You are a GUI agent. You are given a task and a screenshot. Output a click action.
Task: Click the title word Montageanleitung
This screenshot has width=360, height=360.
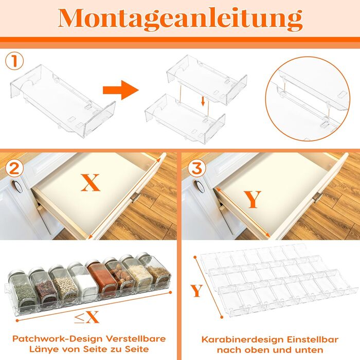coord(180,20)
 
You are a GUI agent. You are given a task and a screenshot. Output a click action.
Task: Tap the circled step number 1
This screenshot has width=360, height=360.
coord(14,61)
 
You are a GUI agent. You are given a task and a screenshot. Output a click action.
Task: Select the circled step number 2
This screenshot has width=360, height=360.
coord(14,169)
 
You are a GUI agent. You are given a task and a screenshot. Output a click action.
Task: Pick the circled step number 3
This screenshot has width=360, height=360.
coord(197,169)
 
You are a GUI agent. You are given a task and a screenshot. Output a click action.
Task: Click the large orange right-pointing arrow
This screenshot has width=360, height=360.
coord(121,90)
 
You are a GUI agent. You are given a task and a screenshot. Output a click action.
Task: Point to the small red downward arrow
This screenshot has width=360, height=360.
coord(203,101)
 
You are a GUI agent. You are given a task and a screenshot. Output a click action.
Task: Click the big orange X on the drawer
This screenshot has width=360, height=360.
coord(91,183)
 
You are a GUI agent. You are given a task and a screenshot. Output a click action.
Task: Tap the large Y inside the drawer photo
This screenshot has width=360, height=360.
coord(253,200)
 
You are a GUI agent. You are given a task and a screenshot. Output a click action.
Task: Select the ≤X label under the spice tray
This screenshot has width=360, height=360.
coord(86,317)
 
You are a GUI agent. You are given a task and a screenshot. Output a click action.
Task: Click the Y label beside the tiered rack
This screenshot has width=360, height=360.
coord(196,291)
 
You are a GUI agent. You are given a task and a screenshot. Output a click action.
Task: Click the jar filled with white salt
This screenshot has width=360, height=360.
coord(83,282)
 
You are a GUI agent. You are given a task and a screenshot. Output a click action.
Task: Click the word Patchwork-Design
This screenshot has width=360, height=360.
coord(58,339)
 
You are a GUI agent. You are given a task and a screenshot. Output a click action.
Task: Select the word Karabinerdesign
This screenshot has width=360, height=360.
coord(242,339)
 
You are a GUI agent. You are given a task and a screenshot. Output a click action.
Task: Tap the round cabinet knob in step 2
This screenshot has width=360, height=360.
coord(17,186)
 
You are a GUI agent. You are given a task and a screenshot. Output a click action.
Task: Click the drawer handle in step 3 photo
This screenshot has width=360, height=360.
coord(318,197)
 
